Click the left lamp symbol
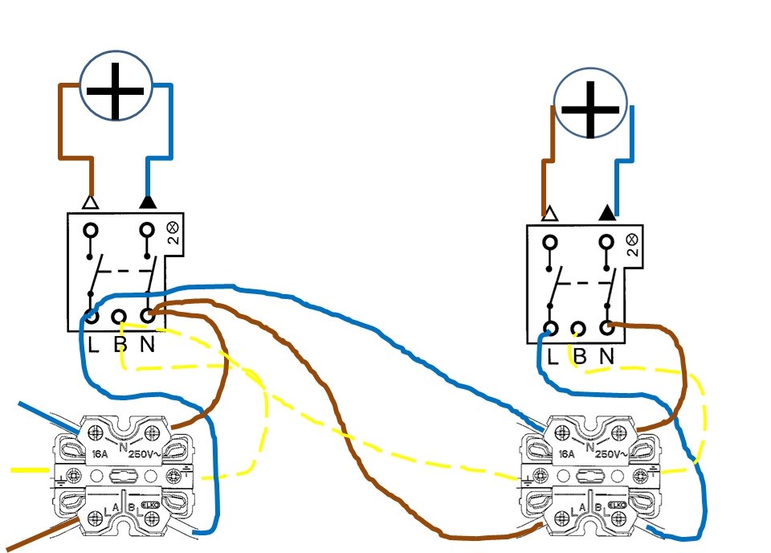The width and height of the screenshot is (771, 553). coord(115,87)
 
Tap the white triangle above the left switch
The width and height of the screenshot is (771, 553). coord(91,202)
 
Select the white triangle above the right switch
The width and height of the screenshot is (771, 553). coord(550,214)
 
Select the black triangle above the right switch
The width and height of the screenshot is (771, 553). coord(607,213)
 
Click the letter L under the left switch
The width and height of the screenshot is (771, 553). coord(92,346)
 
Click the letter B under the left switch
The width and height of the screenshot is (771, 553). coord(120,346)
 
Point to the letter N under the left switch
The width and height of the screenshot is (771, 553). coord(148,346)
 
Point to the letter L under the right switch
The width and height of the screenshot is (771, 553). coord(552,357)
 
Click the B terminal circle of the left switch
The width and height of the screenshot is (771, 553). coord(120,317)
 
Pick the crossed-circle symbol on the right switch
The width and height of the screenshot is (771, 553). coord(631,239)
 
